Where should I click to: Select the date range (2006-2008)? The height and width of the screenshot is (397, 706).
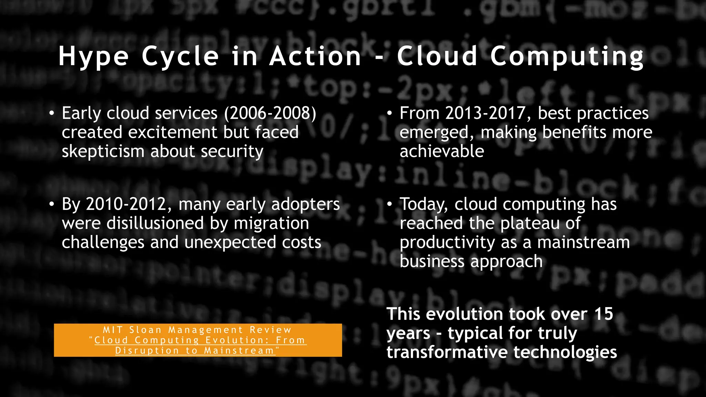pyautogui.click(x=270, y=113)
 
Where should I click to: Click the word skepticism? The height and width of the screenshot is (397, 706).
pyautogui.click(x=103, y=152)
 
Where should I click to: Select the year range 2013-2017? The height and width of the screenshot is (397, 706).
pyautogui.click(x=485, y=113)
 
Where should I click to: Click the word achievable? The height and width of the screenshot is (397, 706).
pyautogui.click(x=442, y=152)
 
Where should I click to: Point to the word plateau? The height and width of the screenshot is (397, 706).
pyautogui.click(x=530, y=223)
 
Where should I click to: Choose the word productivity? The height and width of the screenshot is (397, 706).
pyautogui.click(x=447, y=243)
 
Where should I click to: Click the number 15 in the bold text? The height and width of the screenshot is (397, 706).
pyautogui.click(x=604, y=314)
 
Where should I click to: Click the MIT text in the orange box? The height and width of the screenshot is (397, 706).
pyautogui.click(x=113, y=330)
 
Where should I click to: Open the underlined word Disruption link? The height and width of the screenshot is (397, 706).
pyautogui.click(x=147, y=351)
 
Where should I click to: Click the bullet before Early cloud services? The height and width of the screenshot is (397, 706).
pyautogui.click(x=51, y=113)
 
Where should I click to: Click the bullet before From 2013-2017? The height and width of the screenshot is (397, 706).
pyautogui.click(x=389, y=113)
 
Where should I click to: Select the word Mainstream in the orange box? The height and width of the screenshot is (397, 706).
pyautogui.click(x=239, y=351)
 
